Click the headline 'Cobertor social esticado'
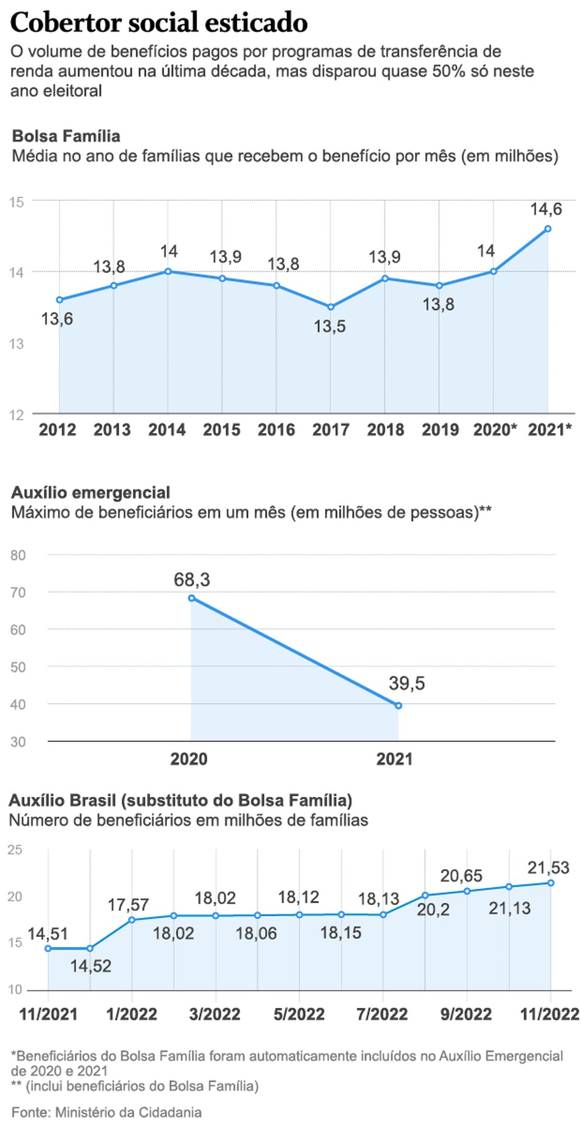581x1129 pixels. click(x=159, y=22)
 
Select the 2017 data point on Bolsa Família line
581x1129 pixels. click(x=331, y=307)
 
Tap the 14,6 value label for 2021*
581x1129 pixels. click(x=546, y=209)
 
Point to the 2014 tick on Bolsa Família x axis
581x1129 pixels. click(x=167, y=430)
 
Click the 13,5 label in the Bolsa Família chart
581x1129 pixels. click(x=329, y=326)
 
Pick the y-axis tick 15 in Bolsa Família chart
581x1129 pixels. click(x=17, y=202)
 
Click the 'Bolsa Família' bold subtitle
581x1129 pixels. click(x=66, y=136)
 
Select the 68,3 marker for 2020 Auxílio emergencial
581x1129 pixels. click(x=191, y=598)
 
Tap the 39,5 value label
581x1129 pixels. click(x=406, y=684)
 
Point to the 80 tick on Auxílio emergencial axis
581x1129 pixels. click(x=18, y=555)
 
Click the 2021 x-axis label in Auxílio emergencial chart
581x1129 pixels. click(x=394, y=759)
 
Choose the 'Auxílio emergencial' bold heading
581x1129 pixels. click(x=90, y=492)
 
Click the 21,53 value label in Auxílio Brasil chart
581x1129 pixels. click(x=548, y=867)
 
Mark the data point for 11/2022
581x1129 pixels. click(x=550, y=883)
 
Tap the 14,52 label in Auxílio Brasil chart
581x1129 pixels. click(x=91, y=966)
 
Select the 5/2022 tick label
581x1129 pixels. click(x=299, y=1014)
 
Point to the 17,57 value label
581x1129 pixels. click(x=128, y=904)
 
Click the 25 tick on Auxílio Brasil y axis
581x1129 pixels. click(x=15, y=850)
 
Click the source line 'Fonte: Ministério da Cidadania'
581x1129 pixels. click(x=106, y=1112)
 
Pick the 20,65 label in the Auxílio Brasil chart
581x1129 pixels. click(x=461, y=876)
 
